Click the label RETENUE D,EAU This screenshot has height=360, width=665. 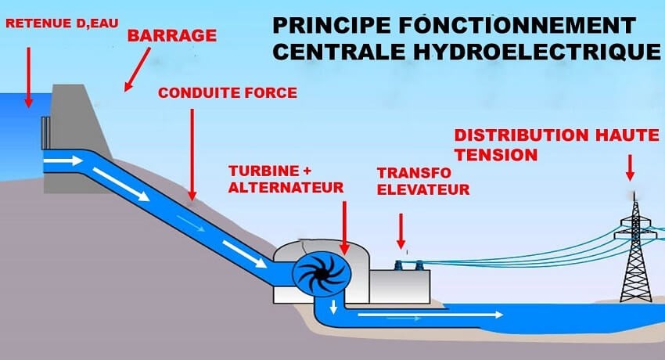click(x=61, y=23)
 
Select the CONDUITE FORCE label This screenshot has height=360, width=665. click(x=227, y=93)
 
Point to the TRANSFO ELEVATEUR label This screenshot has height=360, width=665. click(x=423, y=181)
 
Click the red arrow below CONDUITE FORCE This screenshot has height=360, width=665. click(x=192, y=153)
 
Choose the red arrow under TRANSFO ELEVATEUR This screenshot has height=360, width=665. click(x=401, y=231)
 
